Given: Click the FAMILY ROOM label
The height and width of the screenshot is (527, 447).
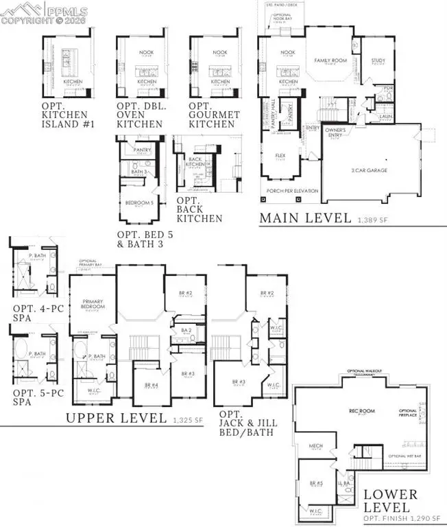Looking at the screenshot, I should point(328,60).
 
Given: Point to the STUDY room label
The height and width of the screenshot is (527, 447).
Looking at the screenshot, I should point(378,60).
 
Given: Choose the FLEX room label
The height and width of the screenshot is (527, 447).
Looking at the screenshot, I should point(280,155).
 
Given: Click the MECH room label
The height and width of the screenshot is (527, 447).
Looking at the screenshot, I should point(315,446).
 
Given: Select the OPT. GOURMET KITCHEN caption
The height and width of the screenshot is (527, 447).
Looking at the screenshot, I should point(212,116).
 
